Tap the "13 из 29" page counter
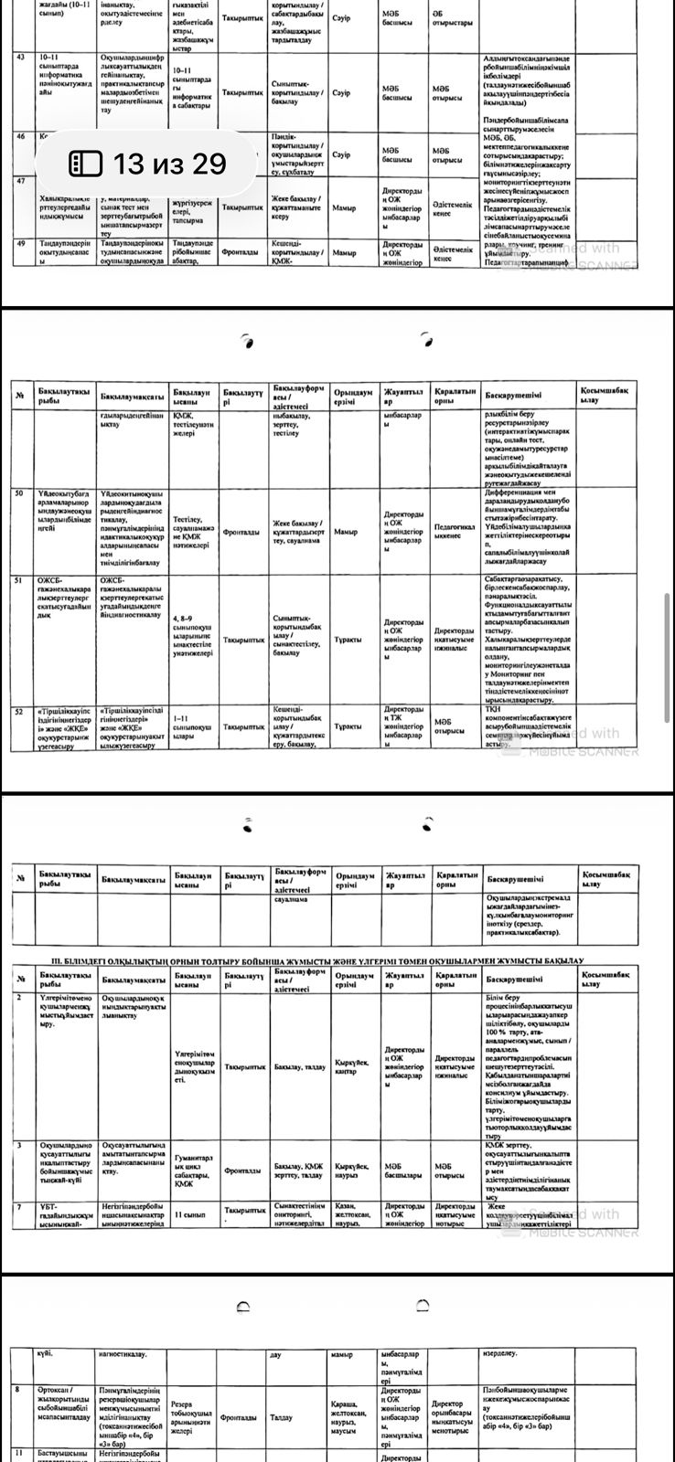tap(169, 164)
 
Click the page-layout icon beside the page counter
tap(87, 164)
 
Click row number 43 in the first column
tap(20, 58)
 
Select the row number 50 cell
tap(20, 493)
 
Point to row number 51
tap(20, 579)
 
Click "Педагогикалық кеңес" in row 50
tap(455, 531)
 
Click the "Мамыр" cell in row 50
tap(347, 531)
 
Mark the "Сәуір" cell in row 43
tap(341, 92)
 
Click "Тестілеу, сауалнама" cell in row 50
tap(194, 531)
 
